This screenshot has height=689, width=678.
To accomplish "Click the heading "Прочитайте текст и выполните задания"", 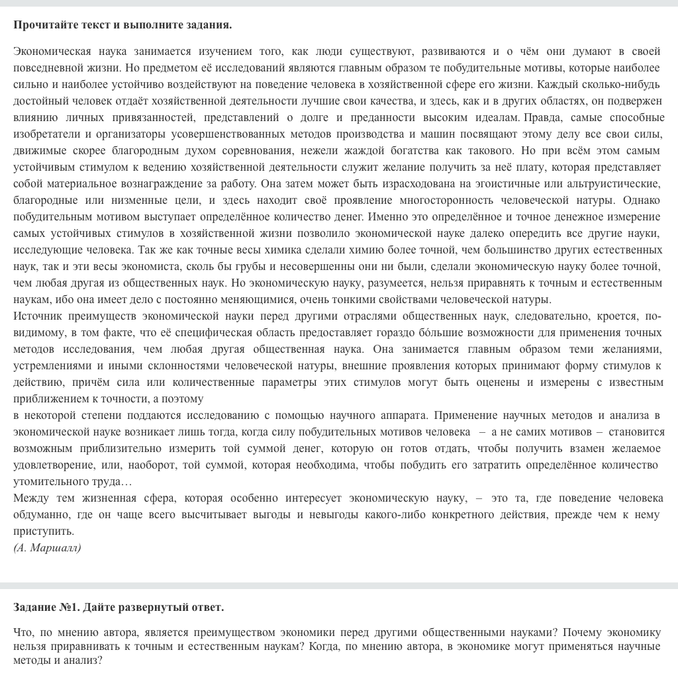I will coord(122,25).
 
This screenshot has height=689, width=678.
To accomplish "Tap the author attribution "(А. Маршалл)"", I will coord(47,548).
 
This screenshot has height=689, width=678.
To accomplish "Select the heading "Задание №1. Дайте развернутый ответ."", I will coord(119,608).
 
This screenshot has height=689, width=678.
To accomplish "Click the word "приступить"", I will coord(43,531).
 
